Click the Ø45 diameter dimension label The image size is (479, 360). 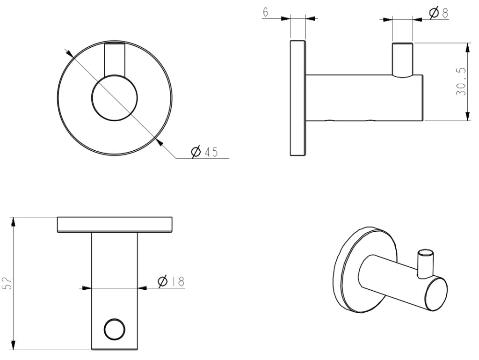205,152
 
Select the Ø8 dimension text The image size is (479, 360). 438,13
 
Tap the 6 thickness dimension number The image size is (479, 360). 266,12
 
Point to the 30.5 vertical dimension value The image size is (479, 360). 461,82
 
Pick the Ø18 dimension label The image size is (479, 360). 171,281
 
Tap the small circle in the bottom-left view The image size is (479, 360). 115,330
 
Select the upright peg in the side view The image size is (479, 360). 402,59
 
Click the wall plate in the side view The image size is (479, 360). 298,98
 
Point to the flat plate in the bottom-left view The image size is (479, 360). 115,225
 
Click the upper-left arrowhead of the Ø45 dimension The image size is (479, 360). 69,54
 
